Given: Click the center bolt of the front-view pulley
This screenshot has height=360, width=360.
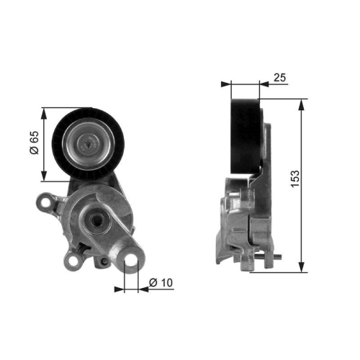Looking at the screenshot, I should [89, 144].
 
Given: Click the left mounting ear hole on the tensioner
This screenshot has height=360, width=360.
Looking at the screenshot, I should [46, 205].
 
